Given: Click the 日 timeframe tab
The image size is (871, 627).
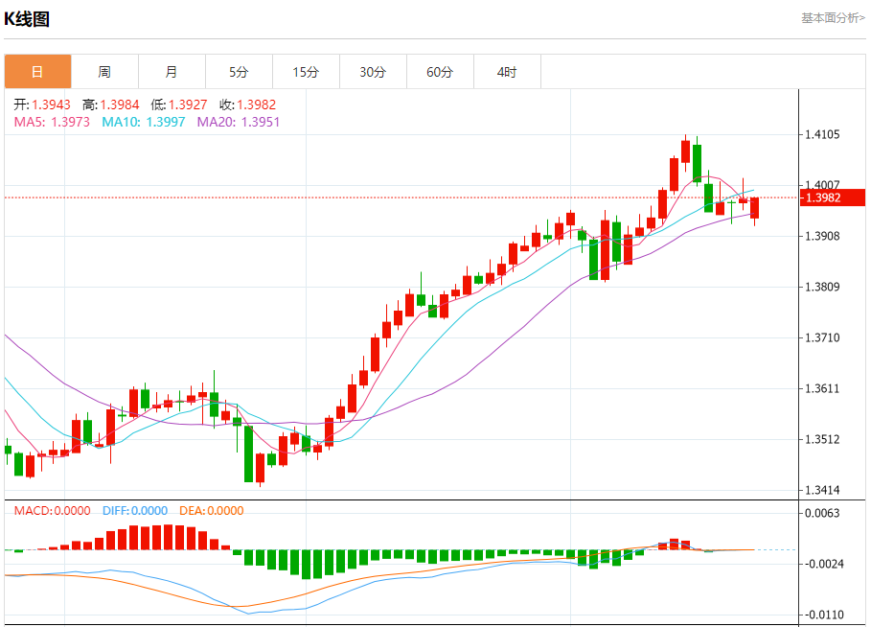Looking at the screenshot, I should pos(37,72).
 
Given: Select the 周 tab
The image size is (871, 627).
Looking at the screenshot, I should pos(104,72).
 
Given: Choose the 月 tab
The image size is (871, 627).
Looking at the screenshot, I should pos(172,72).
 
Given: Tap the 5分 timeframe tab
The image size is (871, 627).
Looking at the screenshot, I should pos(239,72).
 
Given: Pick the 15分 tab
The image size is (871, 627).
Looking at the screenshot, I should pos(306,72).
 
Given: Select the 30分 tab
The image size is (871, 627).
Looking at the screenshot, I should pos(373,72).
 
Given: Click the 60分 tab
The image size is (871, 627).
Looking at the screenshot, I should pos(440,72).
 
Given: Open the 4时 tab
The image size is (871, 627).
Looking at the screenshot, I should pos(507,72).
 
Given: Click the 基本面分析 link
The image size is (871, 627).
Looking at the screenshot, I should pos(833,17).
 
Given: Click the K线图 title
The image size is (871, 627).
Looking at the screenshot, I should pos(28,18).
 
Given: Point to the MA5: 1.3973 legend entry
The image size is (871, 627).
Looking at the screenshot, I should pos(53,122).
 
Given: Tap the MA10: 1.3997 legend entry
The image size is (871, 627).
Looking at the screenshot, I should pos(144,122).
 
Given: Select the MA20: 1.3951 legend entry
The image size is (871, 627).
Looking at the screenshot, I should pos(239,122).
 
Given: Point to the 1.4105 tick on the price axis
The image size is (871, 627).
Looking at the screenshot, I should pos(824,135).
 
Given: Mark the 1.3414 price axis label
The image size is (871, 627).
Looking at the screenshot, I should pos(824,490).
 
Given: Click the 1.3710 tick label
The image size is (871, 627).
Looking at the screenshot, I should pos(824,337).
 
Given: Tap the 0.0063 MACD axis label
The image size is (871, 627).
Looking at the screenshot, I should pos(824,514).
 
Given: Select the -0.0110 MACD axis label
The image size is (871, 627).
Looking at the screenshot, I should pos(824,615).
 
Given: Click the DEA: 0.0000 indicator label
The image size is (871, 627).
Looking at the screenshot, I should pos(211,510).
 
